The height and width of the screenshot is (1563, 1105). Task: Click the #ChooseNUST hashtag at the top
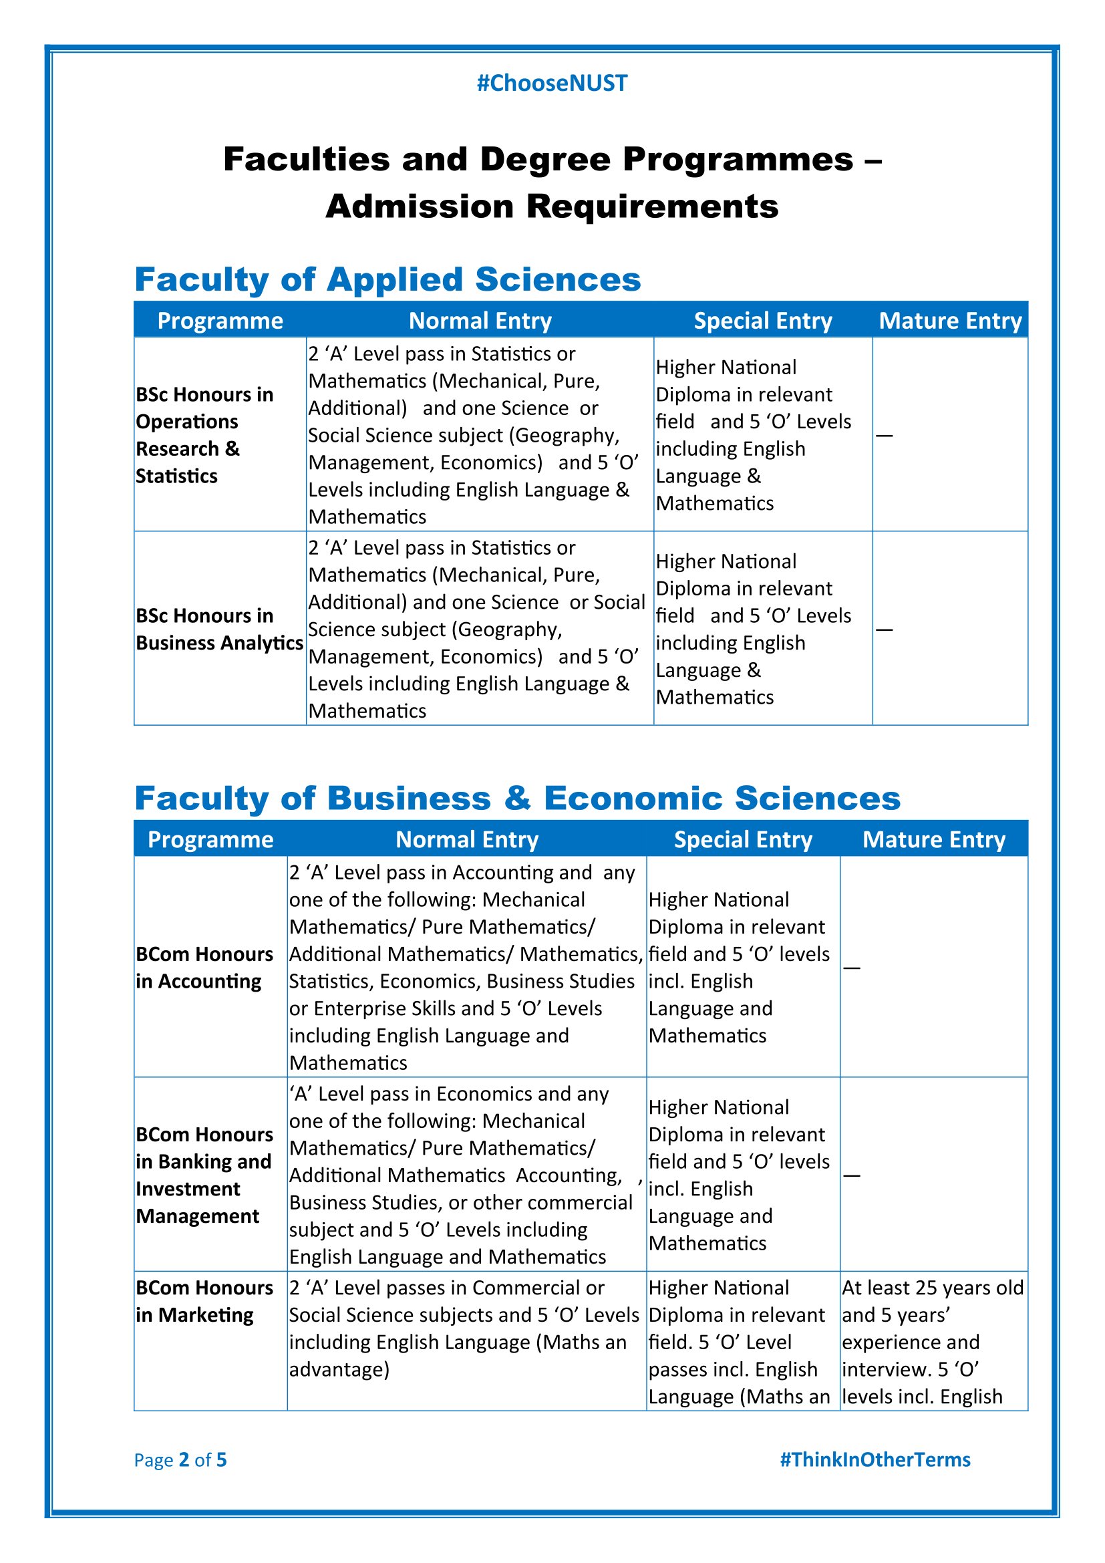pyautogui.click(x=552, y=83)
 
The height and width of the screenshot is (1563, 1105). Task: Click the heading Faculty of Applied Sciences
pyautogui.click(x=387, y=279)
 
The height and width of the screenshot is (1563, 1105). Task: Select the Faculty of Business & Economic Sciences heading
pyautogui.click(x=517, y=798)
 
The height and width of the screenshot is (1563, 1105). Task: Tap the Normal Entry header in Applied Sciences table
pyautogui.click(x=480, y=321)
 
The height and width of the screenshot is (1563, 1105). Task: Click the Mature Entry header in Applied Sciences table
pyautogui.click(x=950, y=321)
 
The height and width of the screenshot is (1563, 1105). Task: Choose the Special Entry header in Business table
pyautogui.click(x=743, y=839)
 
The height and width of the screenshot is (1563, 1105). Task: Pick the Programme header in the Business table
pyautogui.click(x=210, y=839)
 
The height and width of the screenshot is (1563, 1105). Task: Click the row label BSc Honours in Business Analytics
pyautogui.click(x=219, y=629)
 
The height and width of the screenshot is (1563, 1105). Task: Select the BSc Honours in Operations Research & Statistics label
pyautogui.click(x=204, y=435)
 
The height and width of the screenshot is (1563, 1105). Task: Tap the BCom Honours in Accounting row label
pyautogui.click(x=204, y=968)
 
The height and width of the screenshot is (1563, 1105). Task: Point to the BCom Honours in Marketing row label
pyautogui.click(x=204, y=1301)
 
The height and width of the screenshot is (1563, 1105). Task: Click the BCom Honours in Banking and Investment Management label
pyautogui.click(x=204, y=1175)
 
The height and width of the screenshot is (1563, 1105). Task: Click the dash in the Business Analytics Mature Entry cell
pyautogui.click(x=884, y=629)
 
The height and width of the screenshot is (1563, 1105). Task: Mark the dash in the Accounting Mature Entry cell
pyautogui.click(x=851, y=968)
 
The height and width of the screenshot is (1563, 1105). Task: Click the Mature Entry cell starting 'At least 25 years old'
pyautogui.click(x=932, y=1341)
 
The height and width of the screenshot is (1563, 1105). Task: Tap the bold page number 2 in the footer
pyautogui.click(x=184, y=1459)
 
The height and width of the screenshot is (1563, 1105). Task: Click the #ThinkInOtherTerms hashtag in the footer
pyautogui.click(x=875, y=1459)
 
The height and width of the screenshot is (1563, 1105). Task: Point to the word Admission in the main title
pyautogui.click(x=419, y=206)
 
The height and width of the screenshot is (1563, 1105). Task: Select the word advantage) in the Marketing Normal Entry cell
pyautogui.click(x=339, y=1369)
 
